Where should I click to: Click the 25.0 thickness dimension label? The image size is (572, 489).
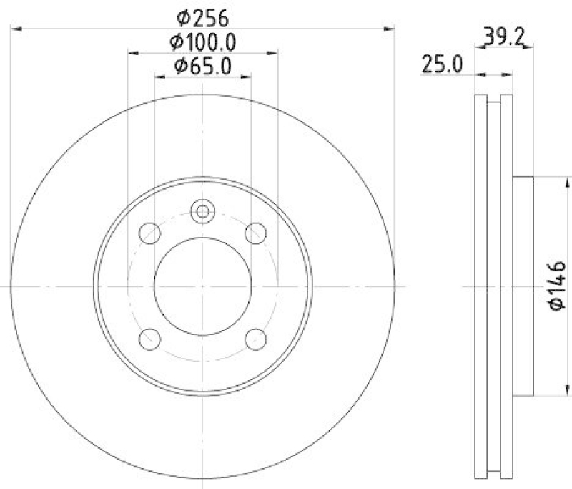tap(440, 66)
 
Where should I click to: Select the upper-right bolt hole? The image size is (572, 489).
tap(255, 233)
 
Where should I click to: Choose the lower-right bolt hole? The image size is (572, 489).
tap(255, 338)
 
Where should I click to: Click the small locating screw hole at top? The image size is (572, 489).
tap(202, 211)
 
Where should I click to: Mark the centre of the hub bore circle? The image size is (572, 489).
tap(202, 286)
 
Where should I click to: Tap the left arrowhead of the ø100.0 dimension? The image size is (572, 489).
tap(133, 52)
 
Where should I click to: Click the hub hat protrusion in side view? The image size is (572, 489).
tap(523, 286)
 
